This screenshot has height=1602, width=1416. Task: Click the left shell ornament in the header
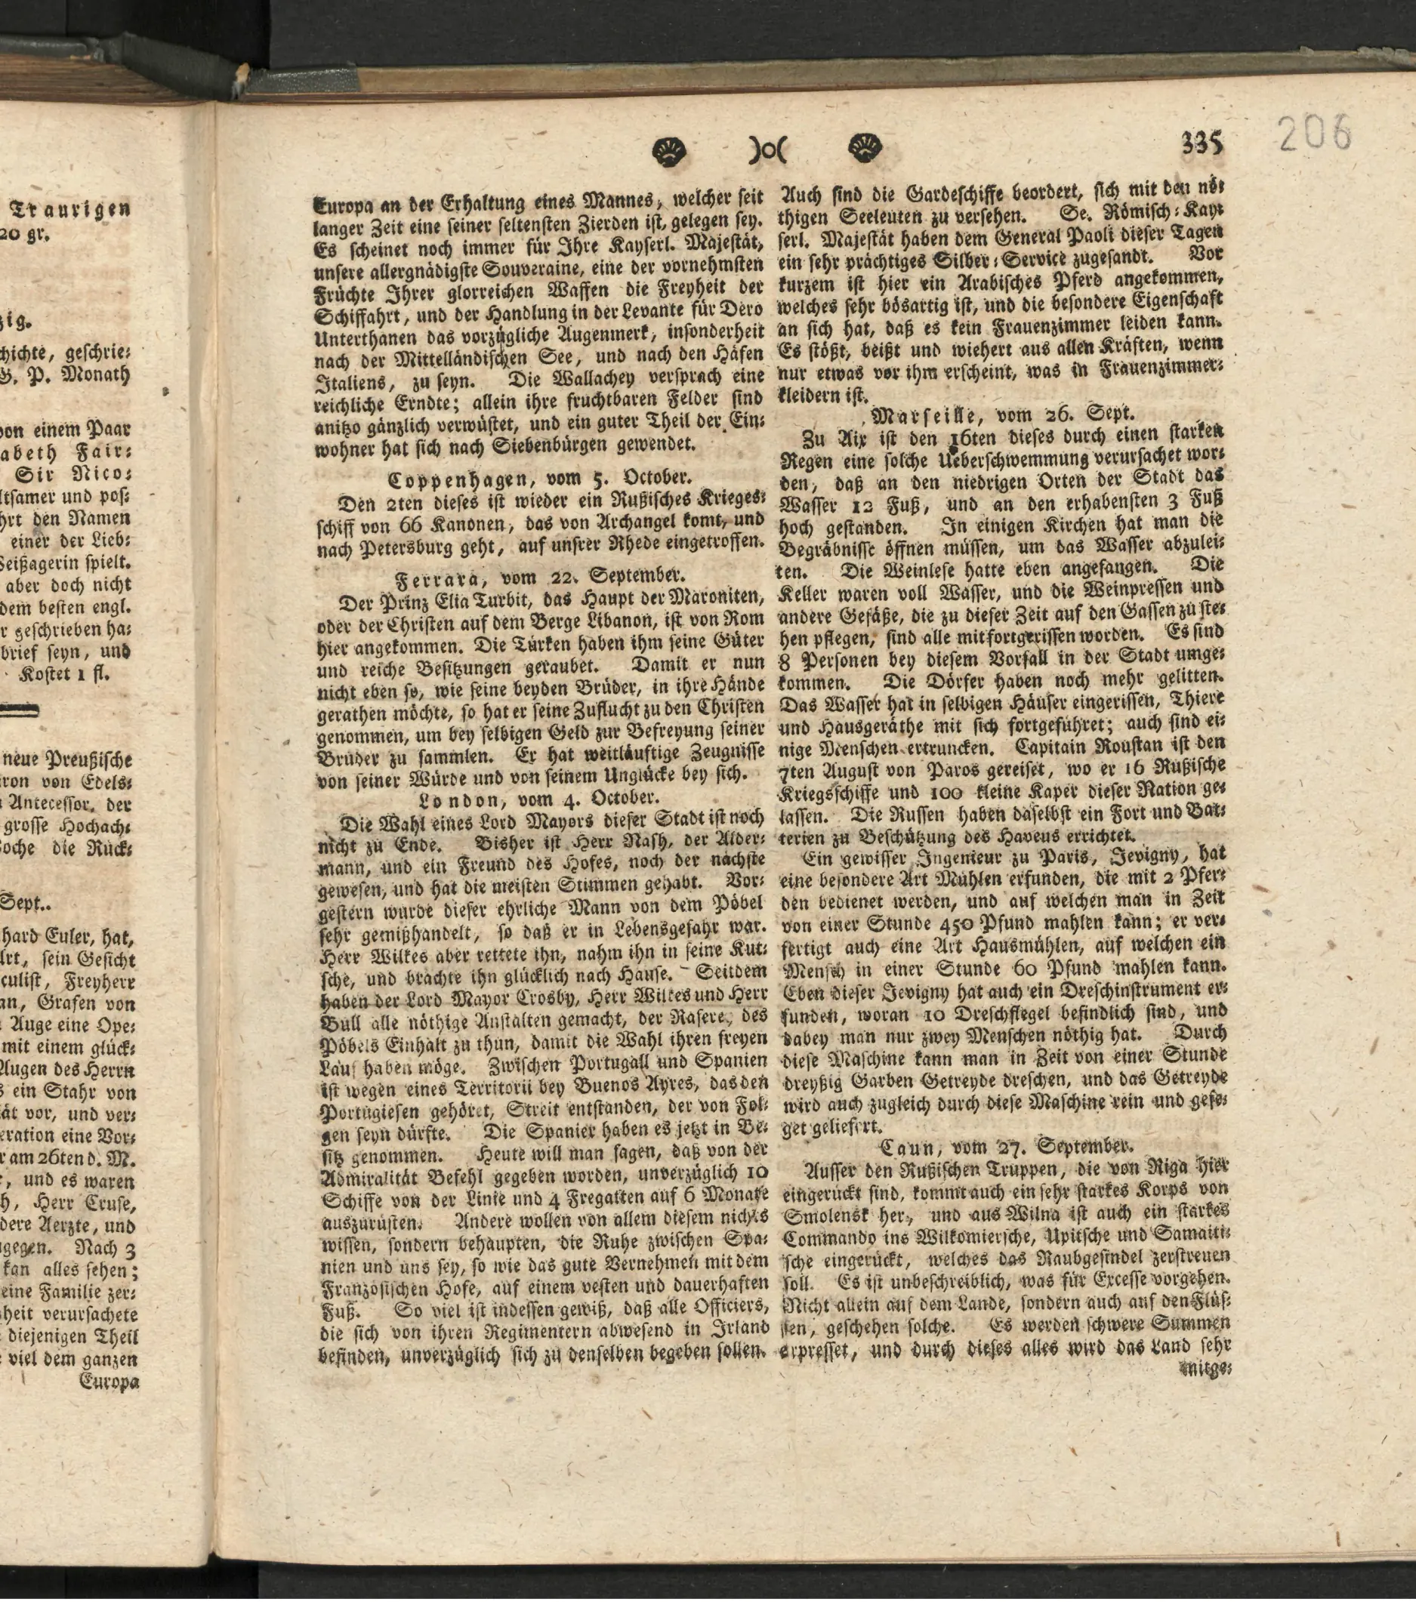click(669, 149)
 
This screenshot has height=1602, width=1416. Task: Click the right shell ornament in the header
click(865, 147)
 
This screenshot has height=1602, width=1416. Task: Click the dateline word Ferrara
click(439, 580)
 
